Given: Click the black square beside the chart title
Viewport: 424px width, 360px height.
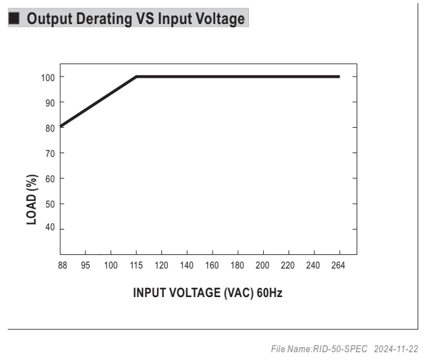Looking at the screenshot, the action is point(14,18).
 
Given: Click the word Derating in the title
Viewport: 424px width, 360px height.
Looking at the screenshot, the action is point(104,19).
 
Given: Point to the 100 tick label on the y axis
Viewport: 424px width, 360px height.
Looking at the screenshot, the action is point(48,78).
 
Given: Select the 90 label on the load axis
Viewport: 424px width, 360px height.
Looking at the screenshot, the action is point(50,103).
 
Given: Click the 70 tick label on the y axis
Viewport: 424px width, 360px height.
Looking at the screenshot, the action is point(50,154).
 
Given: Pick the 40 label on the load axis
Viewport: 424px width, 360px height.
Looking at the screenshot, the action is point(50,227).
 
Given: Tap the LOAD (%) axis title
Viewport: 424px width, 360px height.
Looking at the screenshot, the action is point(32,200).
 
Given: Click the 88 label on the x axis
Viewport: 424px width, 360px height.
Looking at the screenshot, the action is point(62,265).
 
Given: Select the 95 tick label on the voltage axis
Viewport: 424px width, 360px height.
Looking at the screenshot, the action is point(85,265).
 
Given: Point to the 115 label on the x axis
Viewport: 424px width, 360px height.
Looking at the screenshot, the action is point(136,265).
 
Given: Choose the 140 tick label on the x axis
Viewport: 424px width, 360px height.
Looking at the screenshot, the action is point(187,265).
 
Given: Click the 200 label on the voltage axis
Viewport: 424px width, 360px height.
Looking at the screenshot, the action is point(263,265).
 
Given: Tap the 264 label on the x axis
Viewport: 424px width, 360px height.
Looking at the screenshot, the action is point(338,265).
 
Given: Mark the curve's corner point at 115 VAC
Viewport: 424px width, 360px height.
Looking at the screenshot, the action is point(136,77).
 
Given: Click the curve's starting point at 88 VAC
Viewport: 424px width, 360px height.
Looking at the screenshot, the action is point(61,126).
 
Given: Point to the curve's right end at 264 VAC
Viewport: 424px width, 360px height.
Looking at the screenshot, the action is point(339,77).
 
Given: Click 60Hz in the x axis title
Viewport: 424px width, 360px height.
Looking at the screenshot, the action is point(269,293).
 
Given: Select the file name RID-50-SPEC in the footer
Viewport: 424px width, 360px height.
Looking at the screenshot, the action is point(340,349).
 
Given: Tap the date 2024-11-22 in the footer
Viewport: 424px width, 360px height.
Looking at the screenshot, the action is point(396,349).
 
